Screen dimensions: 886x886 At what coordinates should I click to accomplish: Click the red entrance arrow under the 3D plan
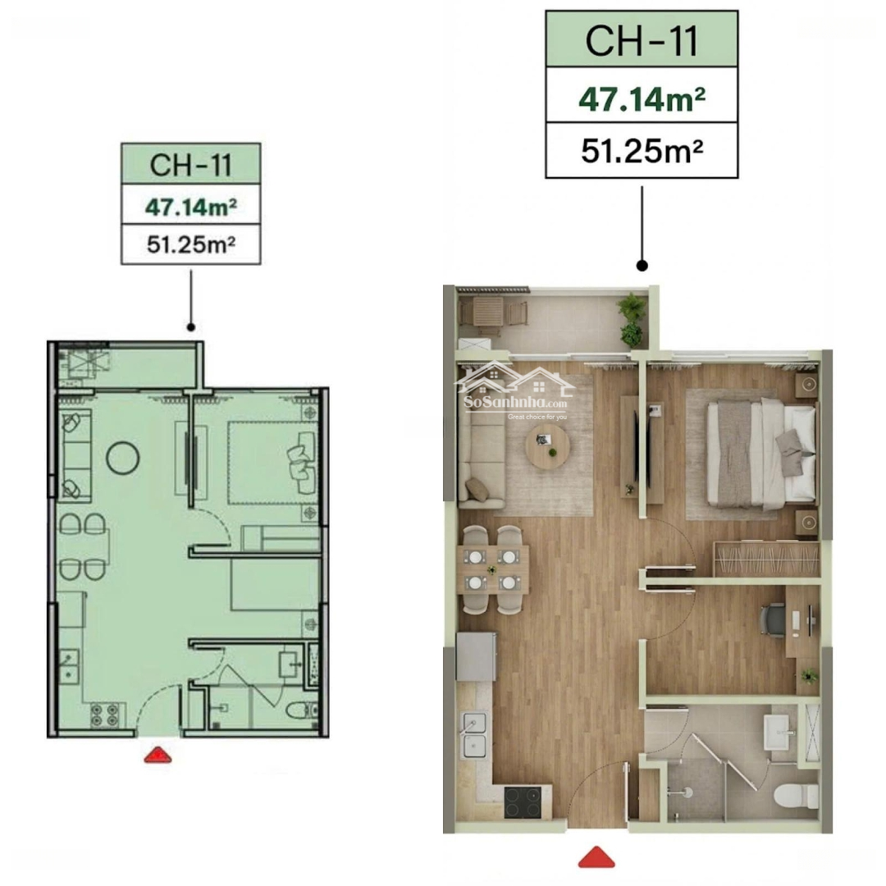point(596,857)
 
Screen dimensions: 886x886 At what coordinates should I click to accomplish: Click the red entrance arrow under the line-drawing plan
point(158,755)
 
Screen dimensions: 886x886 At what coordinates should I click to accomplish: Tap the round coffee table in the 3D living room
point(547,445)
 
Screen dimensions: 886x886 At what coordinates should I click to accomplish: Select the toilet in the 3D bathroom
point(796,796)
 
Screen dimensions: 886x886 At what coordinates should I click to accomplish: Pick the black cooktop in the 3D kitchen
point(523,802)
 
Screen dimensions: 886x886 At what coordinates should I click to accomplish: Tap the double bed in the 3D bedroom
point(761,453)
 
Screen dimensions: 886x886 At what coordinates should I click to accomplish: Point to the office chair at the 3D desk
point(773,620)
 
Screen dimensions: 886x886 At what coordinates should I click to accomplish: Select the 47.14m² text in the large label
point(642,99)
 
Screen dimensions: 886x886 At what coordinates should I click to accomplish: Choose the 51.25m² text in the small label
point(191,244)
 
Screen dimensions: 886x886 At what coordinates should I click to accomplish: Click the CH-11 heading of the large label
point(642,41)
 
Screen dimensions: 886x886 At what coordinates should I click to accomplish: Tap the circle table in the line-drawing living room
point(122,458)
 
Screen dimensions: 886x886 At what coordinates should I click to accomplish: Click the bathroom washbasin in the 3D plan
point(779,733)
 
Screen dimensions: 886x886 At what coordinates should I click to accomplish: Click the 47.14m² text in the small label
point(191,207)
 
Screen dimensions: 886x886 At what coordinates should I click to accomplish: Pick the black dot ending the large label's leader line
point(642,265)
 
